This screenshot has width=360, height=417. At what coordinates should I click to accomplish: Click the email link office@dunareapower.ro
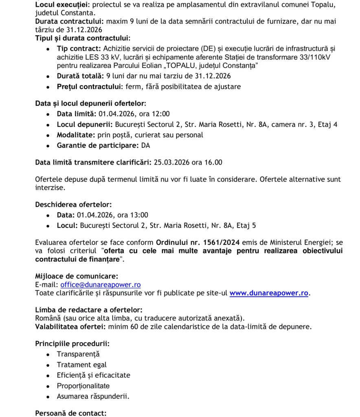[101, 285]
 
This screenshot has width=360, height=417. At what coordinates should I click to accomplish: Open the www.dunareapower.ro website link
[269, 293]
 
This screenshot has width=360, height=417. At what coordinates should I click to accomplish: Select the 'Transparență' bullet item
[78, 354]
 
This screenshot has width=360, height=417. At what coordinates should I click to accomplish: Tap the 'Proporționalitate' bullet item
[83, 386]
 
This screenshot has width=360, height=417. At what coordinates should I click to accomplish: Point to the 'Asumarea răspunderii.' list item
[93, 396]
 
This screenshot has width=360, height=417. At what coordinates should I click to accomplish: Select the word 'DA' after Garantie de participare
[146, 145]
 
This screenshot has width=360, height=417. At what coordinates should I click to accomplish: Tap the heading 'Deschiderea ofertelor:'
[73, 204]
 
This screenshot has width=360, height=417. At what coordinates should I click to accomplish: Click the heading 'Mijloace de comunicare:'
[77, 277]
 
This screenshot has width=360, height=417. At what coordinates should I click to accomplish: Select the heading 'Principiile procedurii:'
[72, 344]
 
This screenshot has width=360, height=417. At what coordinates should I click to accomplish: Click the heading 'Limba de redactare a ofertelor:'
[89, 310]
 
